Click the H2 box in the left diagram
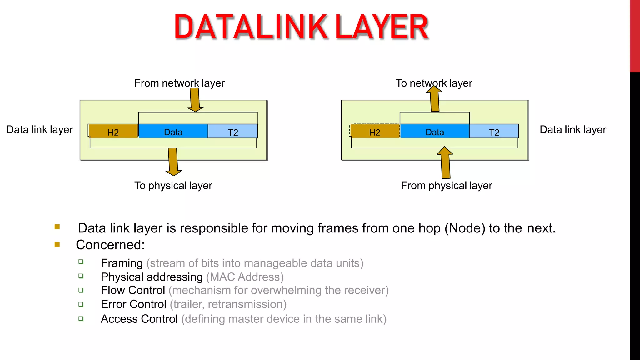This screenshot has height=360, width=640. pos(113,131)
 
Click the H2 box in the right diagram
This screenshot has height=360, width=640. pos(375,131)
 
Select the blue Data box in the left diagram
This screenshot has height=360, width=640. pos(173,131)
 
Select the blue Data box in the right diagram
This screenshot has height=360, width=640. pos(434,131)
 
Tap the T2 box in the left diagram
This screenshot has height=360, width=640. pos(233,131)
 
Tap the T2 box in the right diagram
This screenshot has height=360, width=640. pos(494,131)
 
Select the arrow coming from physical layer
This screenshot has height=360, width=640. pos(445,162)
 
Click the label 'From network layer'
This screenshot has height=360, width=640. pos(179,83)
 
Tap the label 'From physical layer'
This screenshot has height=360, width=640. pos(446,186)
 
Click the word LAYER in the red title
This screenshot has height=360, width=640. pos(381,27)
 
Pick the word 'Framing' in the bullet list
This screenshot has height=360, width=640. pos(122,263)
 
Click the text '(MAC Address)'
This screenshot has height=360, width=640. pos(245,277)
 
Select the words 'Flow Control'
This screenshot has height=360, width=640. pos(133,290)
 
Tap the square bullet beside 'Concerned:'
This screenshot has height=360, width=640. pos(57,244)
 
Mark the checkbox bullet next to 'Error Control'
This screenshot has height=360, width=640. pos(81,304)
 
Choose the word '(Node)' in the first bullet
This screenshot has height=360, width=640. pos(465,228)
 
